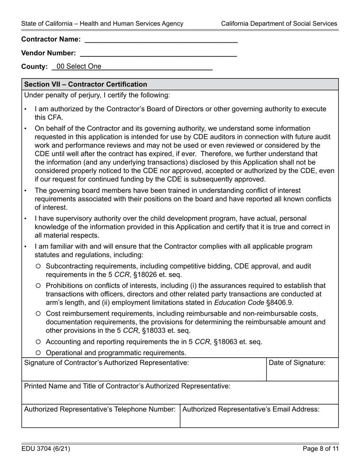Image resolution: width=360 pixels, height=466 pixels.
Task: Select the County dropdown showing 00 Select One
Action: pyautogui.click(x=133, y=66)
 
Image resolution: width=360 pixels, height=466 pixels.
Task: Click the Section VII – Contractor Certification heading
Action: pyautogui.click(x=86, y=84)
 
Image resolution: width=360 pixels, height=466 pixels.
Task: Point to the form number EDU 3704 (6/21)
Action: pyautogui.click(x=46, y=449)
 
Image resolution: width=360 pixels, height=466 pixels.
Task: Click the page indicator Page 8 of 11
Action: pyautogui.click(x=321, y=449)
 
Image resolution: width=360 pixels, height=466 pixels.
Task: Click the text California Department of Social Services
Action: pyautogui.click(x=279, y=23)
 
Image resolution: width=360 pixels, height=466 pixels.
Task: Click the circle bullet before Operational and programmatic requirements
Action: pyautogui.click(x=38, y=353)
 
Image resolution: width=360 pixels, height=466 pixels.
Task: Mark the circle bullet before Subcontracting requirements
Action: pyautogui.click(x=38, y=266)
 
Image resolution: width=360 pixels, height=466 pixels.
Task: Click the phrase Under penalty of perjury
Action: pyautogui.click(x=61, y=95)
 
